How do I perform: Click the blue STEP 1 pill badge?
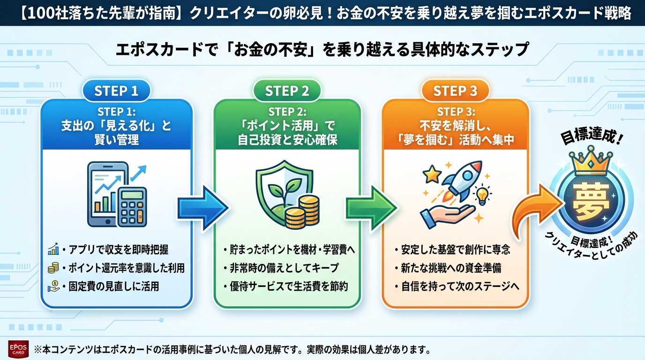pos(116,91)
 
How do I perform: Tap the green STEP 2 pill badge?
pos(287,91)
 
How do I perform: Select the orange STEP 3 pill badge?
pos(455,91)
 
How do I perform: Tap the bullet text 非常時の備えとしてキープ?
pos(284,268)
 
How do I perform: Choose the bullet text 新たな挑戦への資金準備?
pos(450,268)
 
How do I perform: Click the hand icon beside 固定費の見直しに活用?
pos(52,286)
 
